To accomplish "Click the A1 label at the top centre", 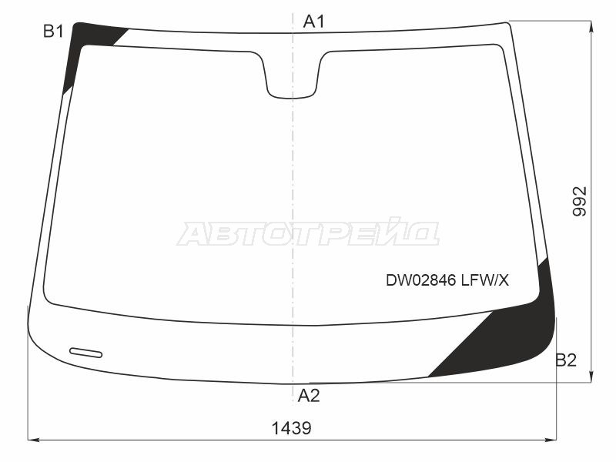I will (313, 22).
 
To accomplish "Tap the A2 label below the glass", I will (309, 396).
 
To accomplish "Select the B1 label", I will (52, 32).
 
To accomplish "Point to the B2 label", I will (566, 360).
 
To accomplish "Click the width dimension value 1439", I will (292, 428).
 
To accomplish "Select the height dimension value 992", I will (579, 202).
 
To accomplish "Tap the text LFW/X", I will (485, 280).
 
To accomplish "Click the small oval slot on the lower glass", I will (85, 353).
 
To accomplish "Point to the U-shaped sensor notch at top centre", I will (292, 77).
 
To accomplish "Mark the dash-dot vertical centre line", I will (293, 192).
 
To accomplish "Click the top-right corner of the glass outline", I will (509, 24).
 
